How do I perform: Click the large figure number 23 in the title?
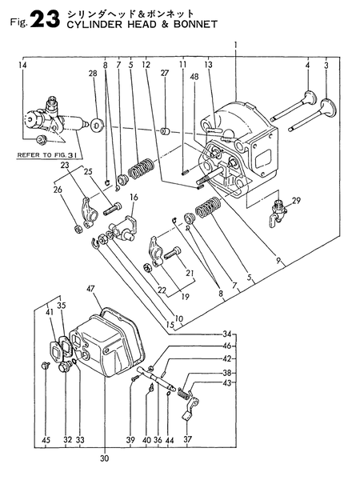pyautogui.click(x=46, y=19)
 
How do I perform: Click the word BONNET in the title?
pyautogui.click(x=196, y=24)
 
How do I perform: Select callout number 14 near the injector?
pyautogui.click(x=22, y=65)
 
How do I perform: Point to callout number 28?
pyautogui.click(x=93, y=74)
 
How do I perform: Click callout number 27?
pyautogui.click(x=164, y=73)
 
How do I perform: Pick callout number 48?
pyautogui.click(x=194, y=77)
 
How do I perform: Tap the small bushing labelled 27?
pyautogui.click(x=166, y=132)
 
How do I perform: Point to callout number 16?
pyautogui.click(x=134, y=197)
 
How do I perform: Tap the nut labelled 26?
pyautogui.click(x=78, y=229)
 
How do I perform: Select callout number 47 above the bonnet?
pyautogui.click(x=90, y=289)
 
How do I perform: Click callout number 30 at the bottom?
pyautogui.click(x=104, y=458)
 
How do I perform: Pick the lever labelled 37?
pyautogui.click(x=190, y=408)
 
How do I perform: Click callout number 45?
pyautogui.click(x=46, y=440)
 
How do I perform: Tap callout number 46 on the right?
pyautogui.click(x=227, y=346)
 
